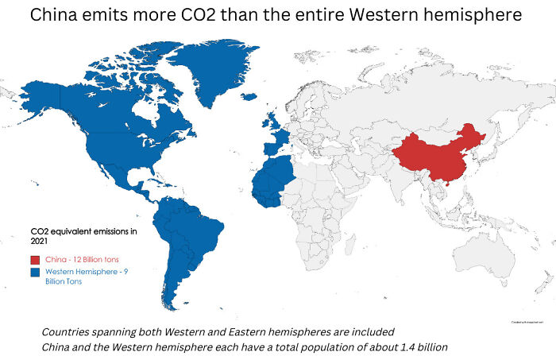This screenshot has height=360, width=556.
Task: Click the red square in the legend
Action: click(x=35, y=259)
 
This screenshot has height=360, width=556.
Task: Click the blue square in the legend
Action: click(x=35, y=273)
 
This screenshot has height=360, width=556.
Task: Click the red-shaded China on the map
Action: click(x=437, y=158)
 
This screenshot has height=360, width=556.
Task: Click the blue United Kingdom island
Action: click(x=272, y=123)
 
